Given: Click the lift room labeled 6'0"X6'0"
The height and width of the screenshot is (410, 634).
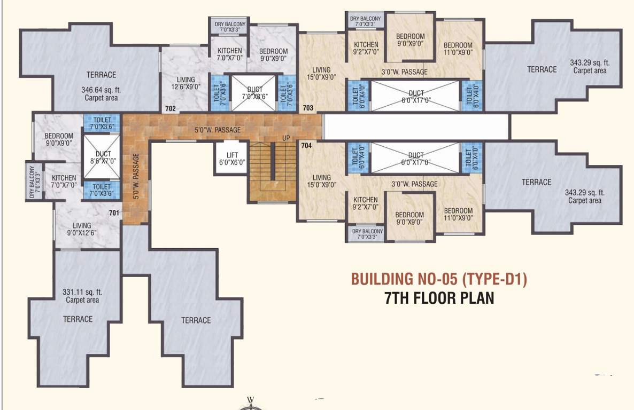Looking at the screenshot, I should coord(231,158).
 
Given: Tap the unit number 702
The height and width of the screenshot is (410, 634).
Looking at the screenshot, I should coord(171,108).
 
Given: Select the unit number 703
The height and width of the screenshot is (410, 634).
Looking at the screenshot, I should coord(308,108).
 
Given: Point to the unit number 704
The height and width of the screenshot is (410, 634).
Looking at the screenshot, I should coord(306,145).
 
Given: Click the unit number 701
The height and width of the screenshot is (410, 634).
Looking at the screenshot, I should coord(113,213).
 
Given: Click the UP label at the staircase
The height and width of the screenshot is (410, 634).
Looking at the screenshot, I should coord(286,138).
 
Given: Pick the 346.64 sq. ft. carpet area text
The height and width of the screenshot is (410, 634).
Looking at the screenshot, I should coord(101,93).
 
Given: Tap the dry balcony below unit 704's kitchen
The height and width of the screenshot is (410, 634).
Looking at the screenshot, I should coord(366,234).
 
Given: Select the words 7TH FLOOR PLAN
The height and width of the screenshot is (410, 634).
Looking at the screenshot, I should coord(439,298).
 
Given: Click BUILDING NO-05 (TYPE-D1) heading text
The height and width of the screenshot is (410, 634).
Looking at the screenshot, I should coord(439,279).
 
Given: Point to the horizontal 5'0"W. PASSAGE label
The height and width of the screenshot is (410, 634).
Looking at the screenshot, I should coord(217,130).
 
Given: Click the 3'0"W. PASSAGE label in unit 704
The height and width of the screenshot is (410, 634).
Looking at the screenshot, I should coord(414,184).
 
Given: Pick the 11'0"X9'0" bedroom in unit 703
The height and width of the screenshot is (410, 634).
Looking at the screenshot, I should coord(458,49).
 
